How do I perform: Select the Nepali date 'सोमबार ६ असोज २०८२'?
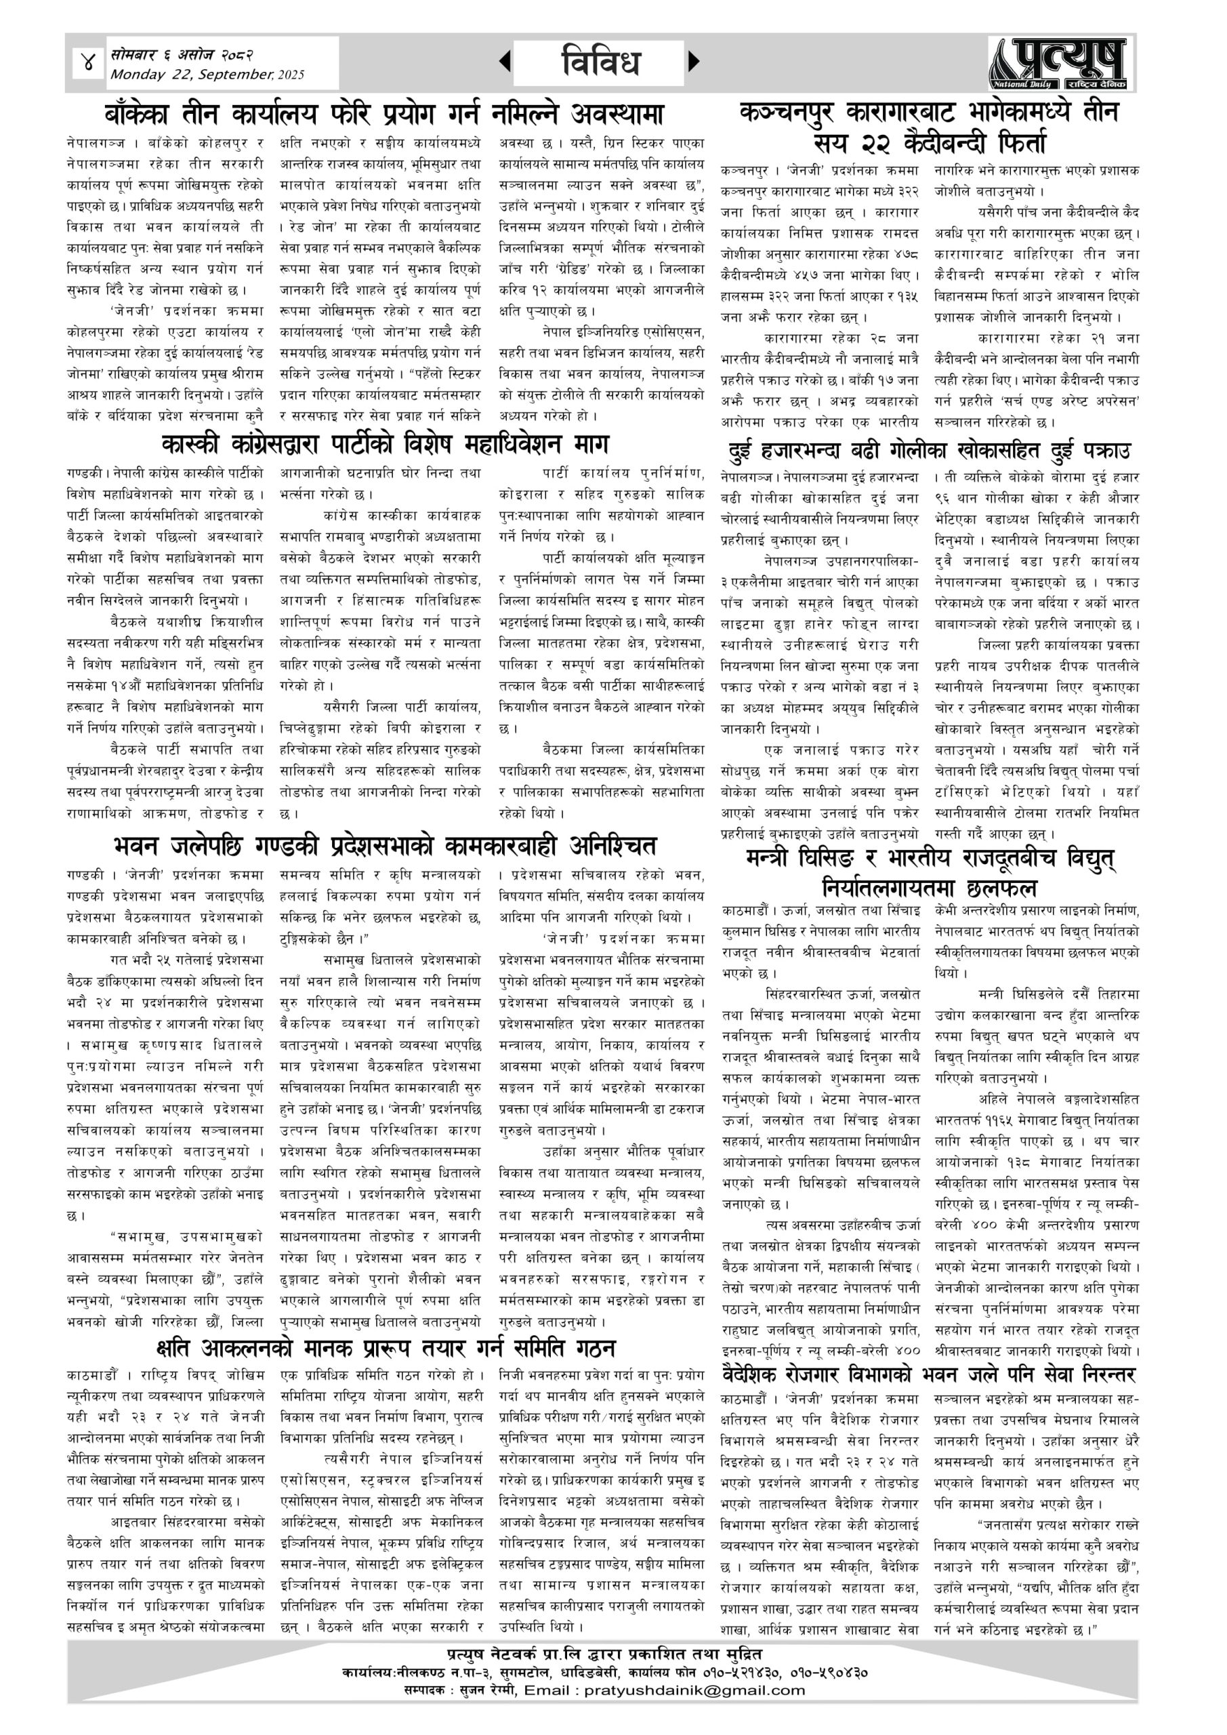pyautogui.click(x=182, y=55)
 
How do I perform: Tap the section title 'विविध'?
pyautogui.click(x=602, y=62)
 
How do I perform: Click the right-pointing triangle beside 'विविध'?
pyautogui.click(x=694, y=61)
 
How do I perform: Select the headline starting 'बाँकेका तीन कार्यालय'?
pyautogui.click(x=385, y=114)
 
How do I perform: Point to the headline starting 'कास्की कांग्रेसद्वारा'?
pyautogui.click(x=386, y=443)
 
